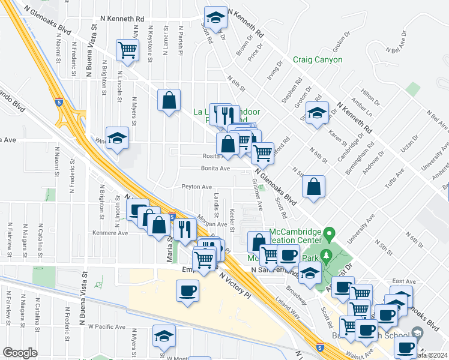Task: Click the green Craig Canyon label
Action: pyautogui.click(x=318, y=59)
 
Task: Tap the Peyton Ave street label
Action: pyautogui.click(x=197, y=187)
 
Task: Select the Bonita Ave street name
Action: pyautogui.click(x=215, y=169)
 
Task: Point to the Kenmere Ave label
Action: pyautogui.click(x=110, y=232)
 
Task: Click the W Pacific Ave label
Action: pyautogui.click(x=107, y=328)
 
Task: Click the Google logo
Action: pyautogui.click(x=20, y=353)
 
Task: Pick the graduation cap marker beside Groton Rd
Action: pyautogui.click(x=316, y=112)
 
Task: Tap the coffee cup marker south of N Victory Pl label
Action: pyautogui.click(x=187, y=292)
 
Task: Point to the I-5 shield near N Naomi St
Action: pyautogui.click(x=59, y=103)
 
